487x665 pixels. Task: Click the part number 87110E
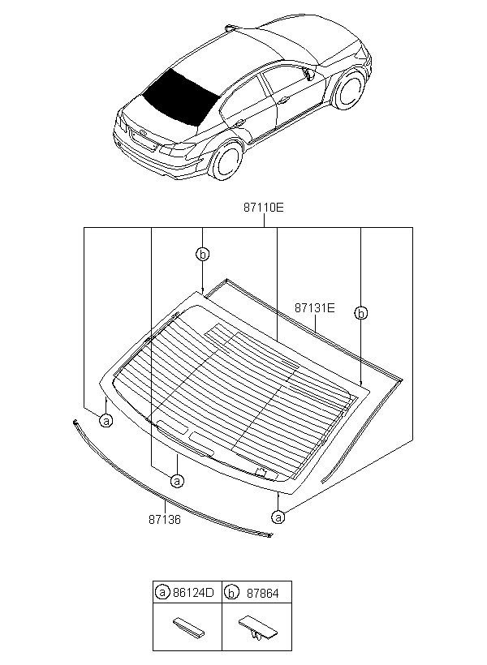(262, 208)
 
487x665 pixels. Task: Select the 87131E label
(314, 308)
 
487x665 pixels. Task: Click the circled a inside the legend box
(163, 593)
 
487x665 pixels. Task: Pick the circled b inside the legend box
(231, 593)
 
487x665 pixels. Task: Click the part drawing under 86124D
(187, 627)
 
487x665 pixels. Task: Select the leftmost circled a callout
(106, 420)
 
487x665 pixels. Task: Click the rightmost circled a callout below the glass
(279, 516)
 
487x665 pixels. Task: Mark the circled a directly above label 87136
(177, 480)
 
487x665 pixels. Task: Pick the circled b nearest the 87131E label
(362, 312)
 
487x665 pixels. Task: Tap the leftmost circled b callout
(202, 255)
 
